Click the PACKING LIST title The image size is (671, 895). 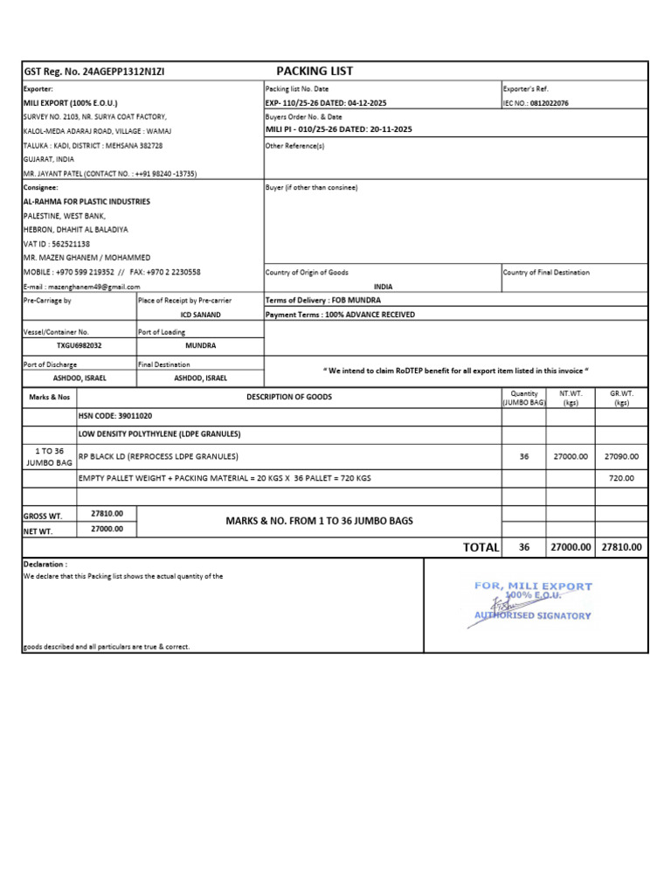pyautogui.click(x=315, y=71)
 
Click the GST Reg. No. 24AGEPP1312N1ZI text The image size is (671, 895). pyautogui.click(x=93, y=72)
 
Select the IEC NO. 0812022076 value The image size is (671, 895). pyautogui.click(x=536, y=103)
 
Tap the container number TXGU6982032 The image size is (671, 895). pyautogui.click(x=79, y=345)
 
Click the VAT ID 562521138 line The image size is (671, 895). pyautogui.click(x=57, y=244)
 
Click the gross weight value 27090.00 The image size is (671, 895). pyautogui.click(x=621, y=456)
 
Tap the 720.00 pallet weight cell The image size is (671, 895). pyautogui.click(x=621, y=478)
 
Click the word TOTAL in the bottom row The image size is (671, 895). pyautogui.click(x=481, y=547)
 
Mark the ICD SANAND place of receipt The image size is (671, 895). pyautogui.click(x=200, y=314)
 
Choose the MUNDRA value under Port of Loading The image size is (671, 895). pyautogui.click(x=200, y=345)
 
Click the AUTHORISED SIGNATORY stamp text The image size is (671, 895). pyautogui.click(x=532, y=615)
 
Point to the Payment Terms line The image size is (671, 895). pyautogui.click(x=340, y=315)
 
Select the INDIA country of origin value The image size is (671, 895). pyautogui.click(x=383, y=286)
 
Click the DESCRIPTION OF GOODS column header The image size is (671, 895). pyautogui.click(x=288, y=397)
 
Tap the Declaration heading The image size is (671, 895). pyautogui.click(x=45, y=564)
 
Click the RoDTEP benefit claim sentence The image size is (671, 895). pyautogui.click(x=456, y=371)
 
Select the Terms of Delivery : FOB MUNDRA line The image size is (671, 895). pyautogui.click(x=322, y=300)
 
